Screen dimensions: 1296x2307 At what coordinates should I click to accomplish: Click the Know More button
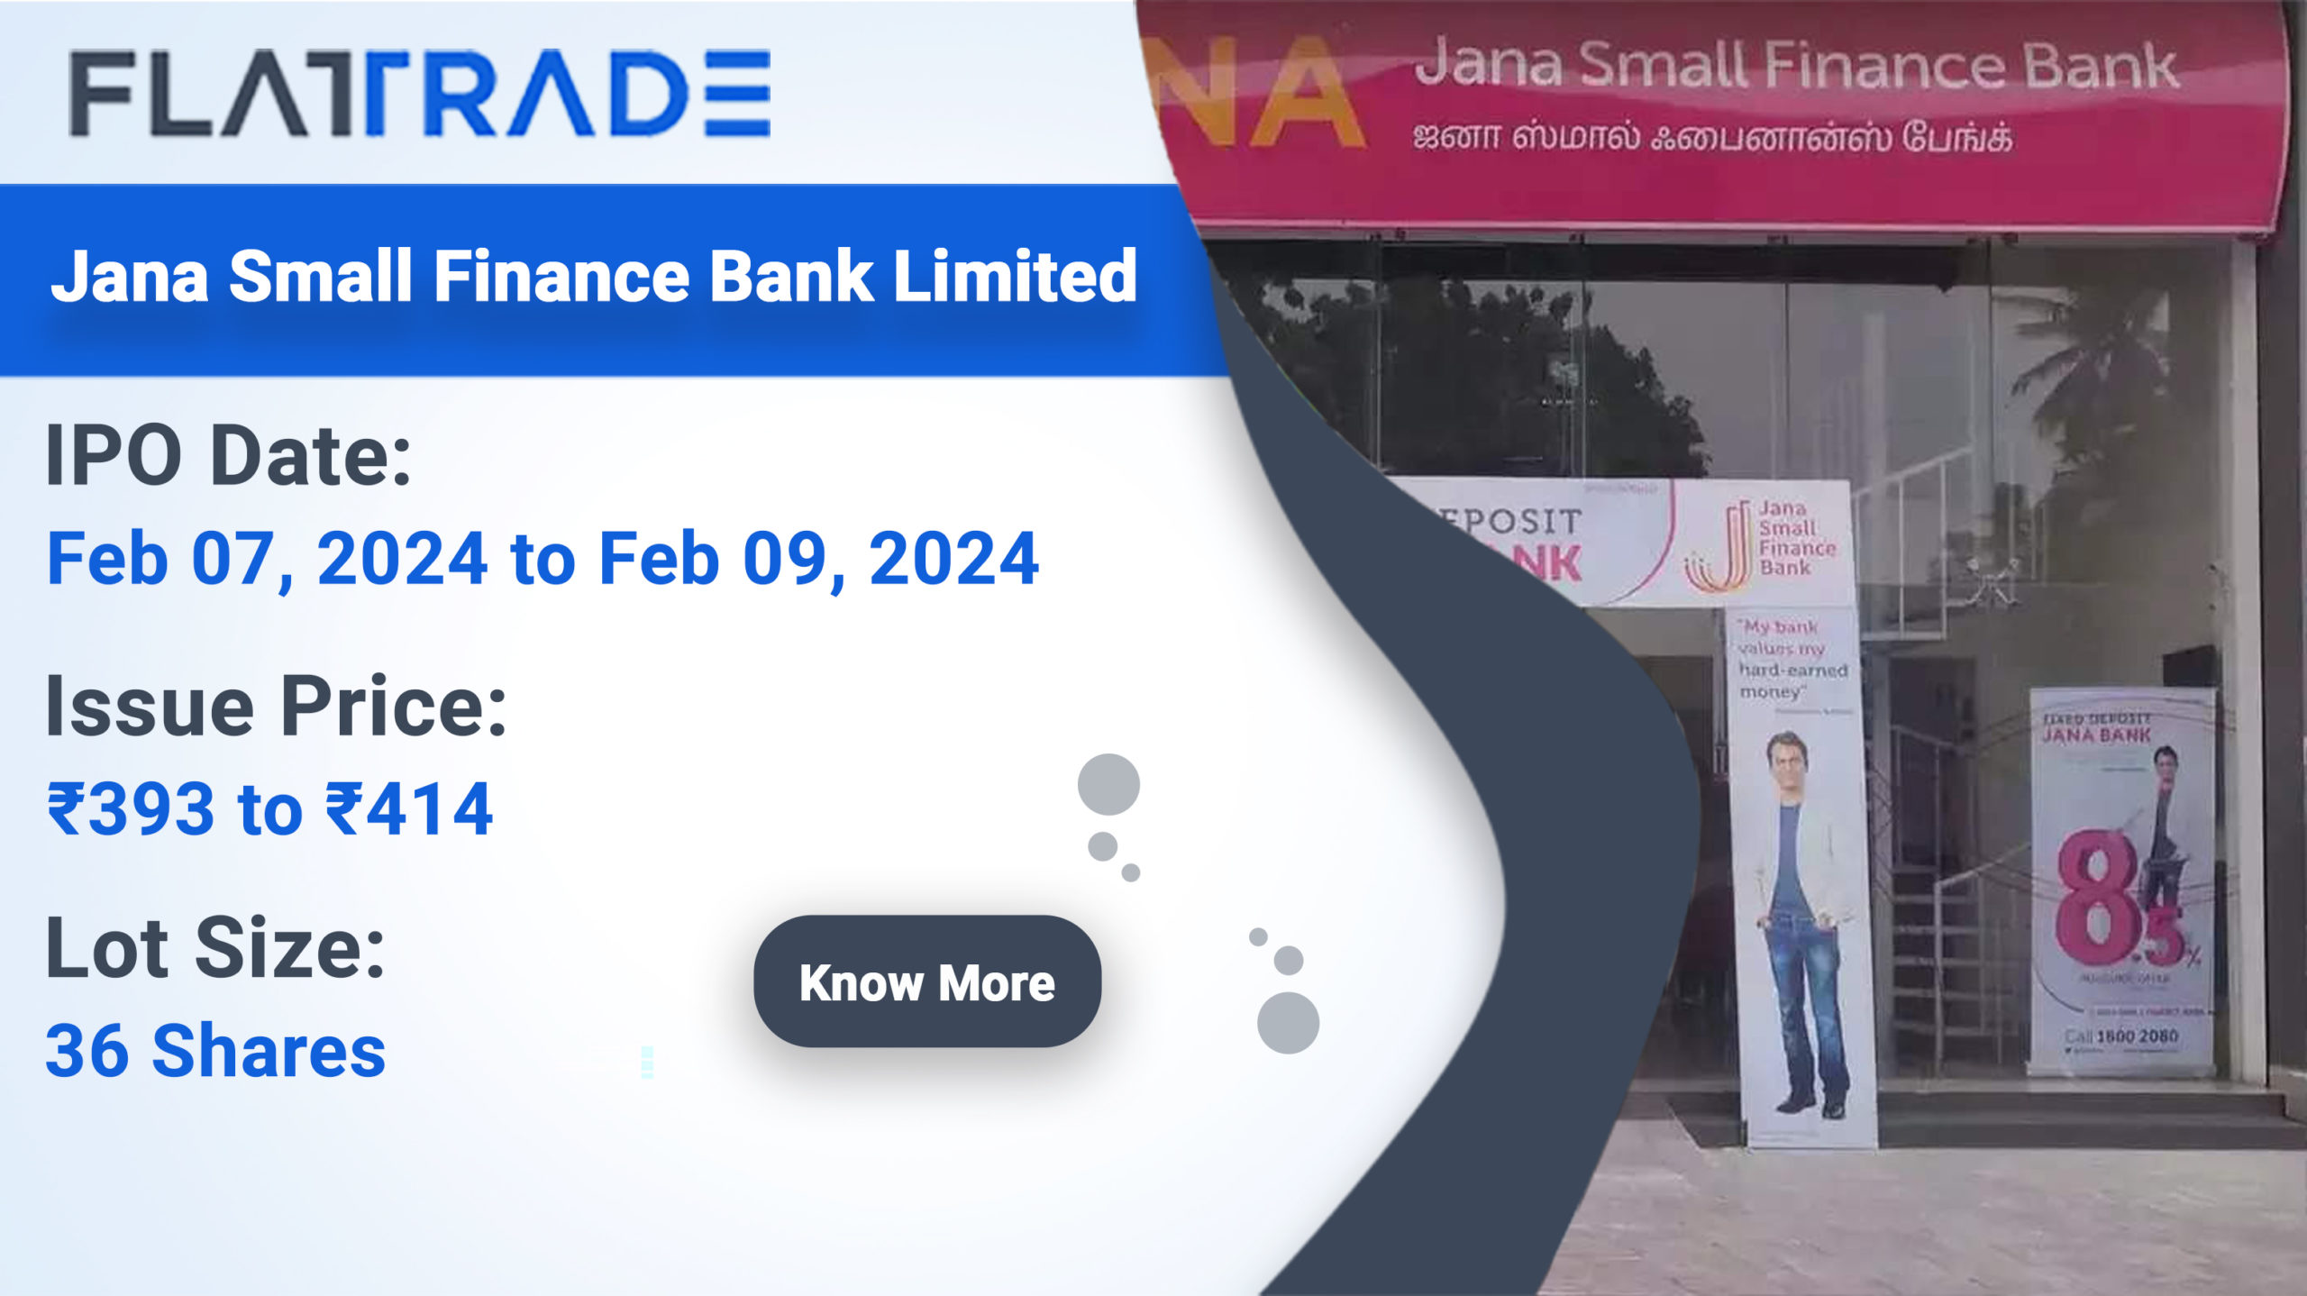pos(926,981)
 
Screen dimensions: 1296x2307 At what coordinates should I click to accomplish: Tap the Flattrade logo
pos(420,94)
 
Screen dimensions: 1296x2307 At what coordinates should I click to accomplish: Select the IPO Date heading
pos(229,456)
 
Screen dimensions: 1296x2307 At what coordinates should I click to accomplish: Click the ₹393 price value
pos(132,808)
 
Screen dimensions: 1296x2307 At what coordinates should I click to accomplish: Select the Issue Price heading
pos(276,707)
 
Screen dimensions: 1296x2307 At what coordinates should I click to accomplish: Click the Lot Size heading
pos(215,948)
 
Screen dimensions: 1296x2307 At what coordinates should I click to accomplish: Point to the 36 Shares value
pos(215,1051)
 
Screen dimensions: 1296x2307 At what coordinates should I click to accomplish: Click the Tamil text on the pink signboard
pos(1712,138)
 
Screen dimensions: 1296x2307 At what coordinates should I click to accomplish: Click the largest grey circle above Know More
pos(1108,784)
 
